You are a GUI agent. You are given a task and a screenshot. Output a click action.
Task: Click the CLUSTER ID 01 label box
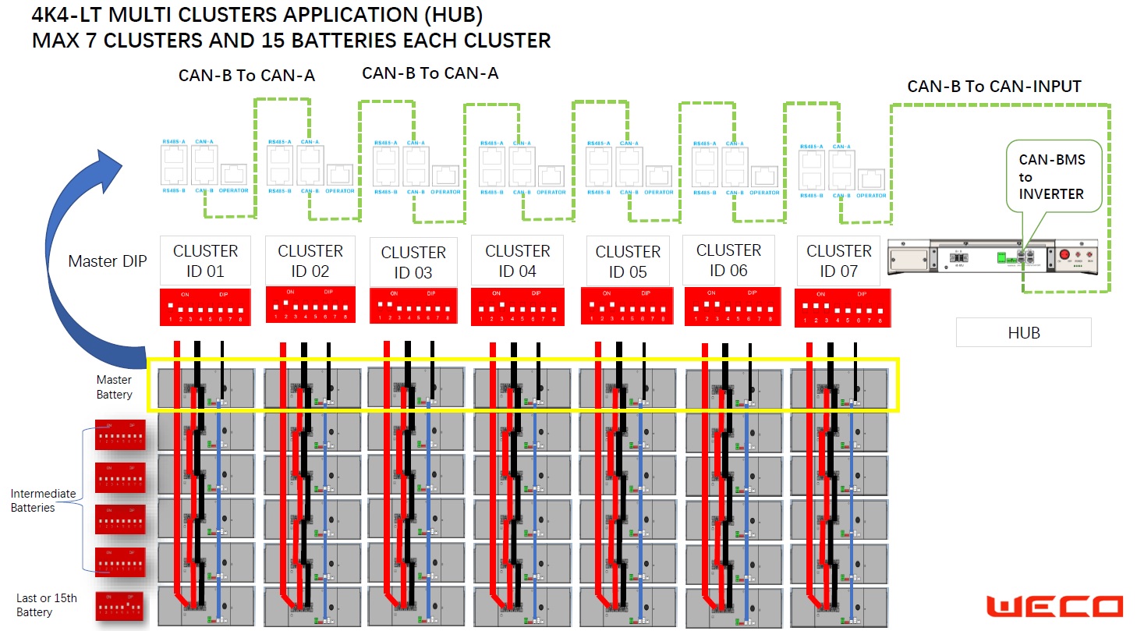pos(205,261)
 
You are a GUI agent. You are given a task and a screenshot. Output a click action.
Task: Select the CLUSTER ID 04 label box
pos(518,261)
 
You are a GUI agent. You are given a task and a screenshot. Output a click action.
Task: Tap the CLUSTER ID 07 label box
pos(838,261)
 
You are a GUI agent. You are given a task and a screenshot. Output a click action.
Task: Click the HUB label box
pos(1023,333)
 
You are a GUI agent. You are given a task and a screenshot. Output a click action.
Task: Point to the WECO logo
pos(1054,607)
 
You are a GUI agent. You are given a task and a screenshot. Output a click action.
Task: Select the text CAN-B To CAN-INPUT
pos(994,87)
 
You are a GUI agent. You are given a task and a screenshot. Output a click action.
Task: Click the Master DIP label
pos(107,261)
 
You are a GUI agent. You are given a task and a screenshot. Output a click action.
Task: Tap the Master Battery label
pos(114,387)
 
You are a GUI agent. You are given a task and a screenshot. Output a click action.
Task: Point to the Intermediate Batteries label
pos(43,501)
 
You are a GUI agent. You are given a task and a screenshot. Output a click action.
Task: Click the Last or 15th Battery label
pos(47,605)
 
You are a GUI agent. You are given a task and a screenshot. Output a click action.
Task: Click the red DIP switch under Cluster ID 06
pos(731,307)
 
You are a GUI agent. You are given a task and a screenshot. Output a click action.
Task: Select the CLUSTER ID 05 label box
pos(628,261)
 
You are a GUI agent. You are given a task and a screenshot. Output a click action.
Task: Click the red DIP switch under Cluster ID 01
pos(204,307)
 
